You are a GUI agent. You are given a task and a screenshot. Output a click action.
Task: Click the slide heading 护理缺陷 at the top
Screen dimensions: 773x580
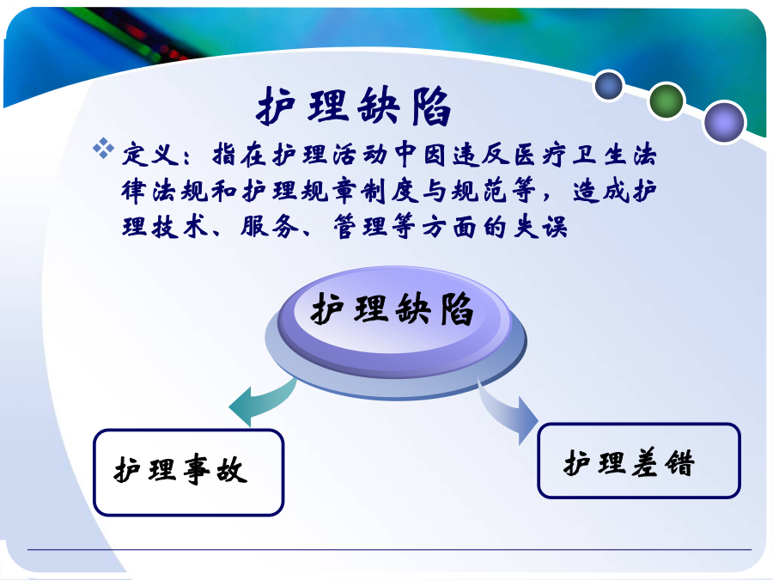coord(354,105)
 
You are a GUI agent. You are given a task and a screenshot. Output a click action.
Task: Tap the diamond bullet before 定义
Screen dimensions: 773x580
coord(104,149)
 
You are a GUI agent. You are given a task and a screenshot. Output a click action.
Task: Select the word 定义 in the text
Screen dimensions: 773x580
coord(150,155)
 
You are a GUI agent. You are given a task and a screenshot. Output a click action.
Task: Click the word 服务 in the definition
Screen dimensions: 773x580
coord(270,227)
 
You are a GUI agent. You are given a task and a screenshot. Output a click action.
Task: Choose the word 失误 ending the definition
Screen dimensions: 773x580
coord(540,227)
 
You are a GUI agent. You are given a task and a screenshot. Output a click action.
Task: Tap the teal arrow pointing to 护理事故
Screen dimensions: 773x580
coord(262,401)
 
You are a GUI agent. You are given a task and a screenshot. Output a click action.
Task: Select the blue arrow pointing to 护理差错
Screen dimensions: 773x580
coord(508,409)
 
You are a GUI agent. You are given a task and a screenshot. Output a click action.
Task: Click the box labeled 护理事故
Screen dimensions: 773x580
coord(188,473)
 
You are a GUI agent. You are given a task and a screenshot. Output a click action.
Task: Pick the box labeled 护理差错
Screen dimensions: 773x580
coord(639,461)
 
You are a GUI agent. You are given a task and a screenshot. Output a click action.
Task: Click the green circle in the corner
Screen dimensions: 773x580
coord(666,101)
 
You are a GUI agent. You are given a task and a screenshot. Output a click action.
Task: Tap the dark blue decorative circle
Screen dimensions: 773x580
coord(609,85)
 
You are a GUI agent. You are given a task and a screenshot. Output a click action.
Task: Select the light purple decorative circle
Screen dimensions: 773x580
coord(724,122)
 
